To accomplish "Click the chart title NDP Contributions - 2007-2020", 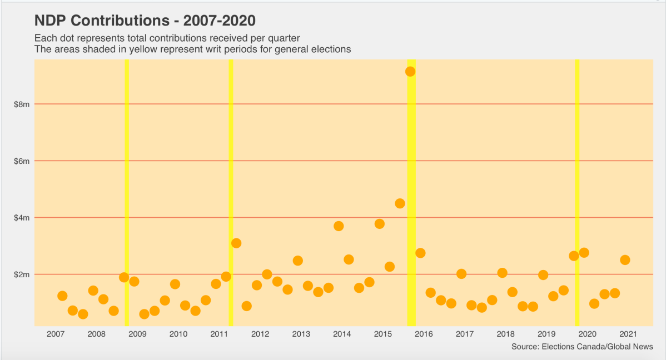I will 145,21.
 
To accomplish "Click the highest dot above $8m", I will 410,71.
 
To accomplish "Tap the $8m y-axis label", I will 22,104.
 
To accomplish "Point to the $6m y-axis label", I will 22,161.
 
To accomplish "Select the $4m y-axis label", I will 22,217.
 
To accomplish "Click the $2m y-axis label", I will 22,274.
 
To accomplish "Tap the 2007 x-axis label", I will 55,334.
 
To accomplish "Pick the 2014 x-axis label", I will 341,334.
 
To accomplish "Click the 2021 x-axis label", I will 628,334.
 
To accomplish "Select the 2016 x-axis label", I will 424,334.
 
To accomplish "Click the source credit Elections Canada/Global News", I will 581,347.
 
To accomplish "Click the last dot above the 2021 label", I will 625,259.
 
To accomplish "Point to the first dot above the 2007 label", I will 62,296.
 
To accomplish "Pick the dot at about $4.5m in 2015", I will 400,203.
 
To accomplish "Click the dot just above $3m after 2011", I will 236,243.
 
